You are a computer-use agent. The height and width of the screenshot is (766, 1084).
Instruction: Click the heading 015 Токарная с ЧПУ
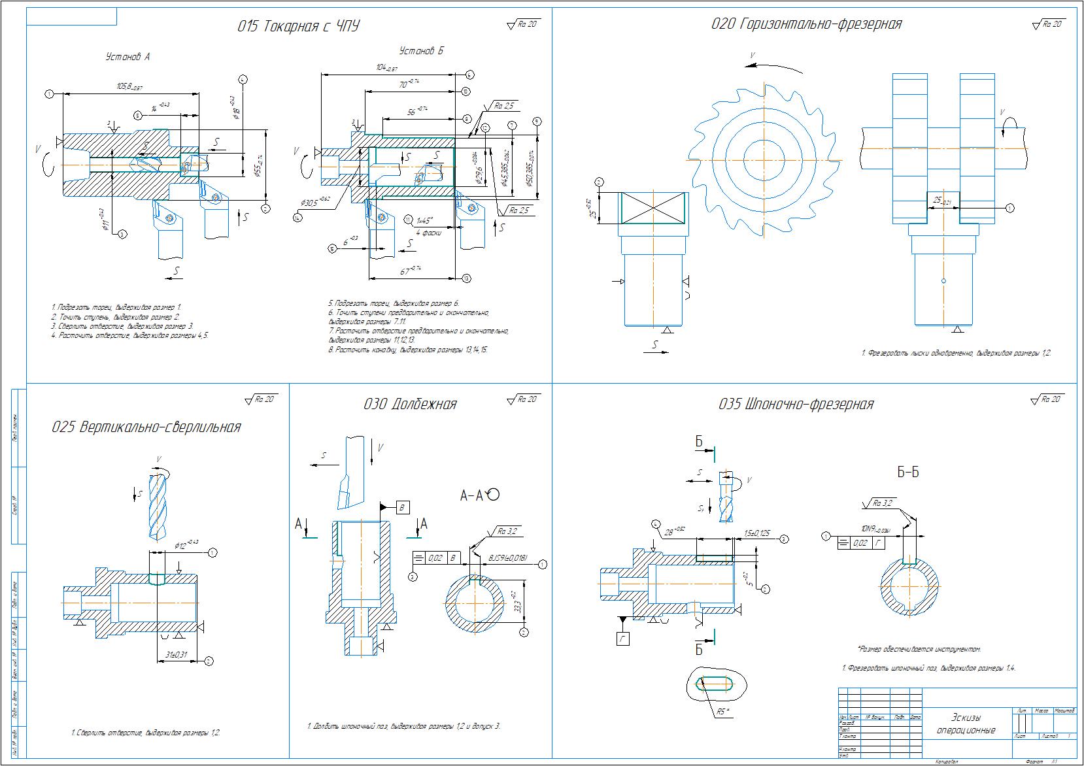pos(298,26)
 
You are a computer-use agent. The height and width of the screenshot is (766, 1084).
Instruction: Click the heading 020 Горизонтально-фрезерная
pos(806,24)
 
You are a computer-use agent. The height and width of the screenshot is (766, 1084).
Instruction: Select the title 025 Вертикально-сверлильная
pos(146,427)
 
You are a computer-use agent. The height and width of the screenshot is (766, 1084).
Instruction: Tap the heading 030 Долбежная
pos(410,405)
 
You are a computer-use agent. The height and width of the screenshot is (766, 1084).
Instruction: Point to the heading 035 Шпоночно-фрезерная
pos(796,405)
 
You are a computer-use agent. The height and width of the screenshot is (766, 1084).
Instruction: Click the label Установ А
pos(128,58)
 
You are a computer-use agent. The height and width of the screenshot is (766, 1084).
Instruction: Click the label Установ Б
pos(421,51)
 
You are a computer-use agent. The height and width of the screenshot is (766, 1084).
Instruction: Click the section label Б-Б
pos(908,472)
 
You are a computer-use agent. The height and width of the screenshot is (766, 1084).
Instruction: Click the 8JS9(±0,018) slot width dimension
pos(508,559)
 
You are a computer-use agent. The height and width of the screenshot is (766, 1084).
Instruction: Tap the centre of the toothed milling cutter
pos(764,159)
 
